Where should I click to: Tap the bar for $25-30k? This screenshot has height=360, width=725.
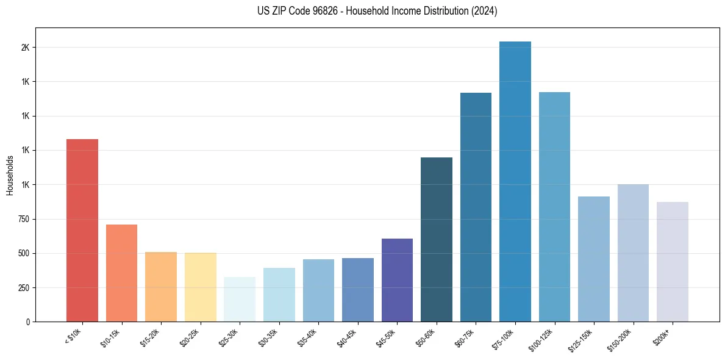240,299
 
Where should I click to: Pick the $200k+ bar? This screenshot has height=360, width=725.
673,262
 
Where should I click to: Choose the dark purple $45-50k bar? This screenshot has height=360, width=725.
397,280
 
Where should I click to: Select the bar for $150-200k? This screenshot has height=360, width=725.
633,253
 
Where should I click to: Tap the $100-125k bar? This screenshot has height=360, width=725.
554,207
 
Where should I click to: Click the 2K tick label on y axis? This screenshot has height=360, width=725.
25,48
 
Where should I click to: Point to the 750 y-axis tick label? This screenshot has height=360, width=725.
24,219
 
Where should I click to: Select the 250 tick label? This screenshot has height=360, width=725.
24,287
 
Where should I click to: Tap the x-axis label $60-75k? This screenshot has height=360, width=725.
465,337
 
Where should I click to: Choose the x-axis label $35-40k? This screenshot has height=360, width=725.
307,337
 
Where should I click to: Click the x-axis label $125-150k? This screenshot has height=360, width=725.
582,338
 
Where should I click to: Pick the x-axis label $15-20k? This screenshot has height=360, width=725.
150,337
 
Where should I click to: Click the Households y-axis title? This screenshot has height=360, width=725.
10,175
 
